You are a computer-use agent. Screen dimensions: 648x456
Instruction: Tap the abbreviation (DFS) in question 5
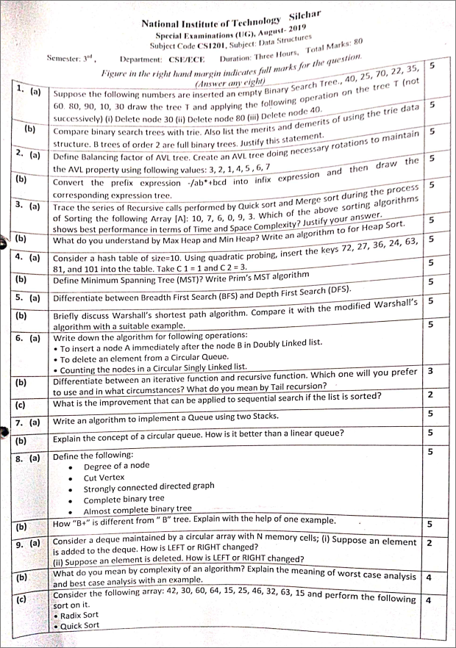coord(356,292)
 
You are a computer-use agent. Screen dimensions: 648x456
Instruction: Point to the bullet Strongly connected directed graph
coord(149,487)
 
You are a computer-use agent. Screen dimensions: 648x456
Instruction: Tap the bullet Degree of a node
coord(116,467)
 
